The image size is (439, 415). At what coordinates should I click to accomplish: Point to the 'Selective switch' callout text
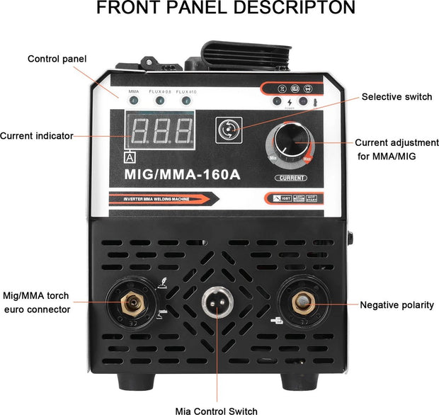click(x=396, y=96)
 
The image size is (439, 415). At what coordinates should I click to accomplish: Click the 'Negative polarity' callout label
click(x=397, y=305)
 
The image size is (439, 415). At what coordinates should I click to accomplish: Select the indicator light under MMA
click(x=134, y=101)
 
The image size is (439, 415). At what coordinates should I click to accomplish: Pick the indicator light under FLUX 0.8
click(x=159, y=101)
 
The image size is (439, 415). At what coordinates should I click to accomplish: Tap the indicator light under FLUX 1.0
click(x=186, y=101)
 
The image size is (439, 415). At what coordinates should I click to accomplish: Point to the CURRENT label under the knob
click(x=291, y=178)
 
